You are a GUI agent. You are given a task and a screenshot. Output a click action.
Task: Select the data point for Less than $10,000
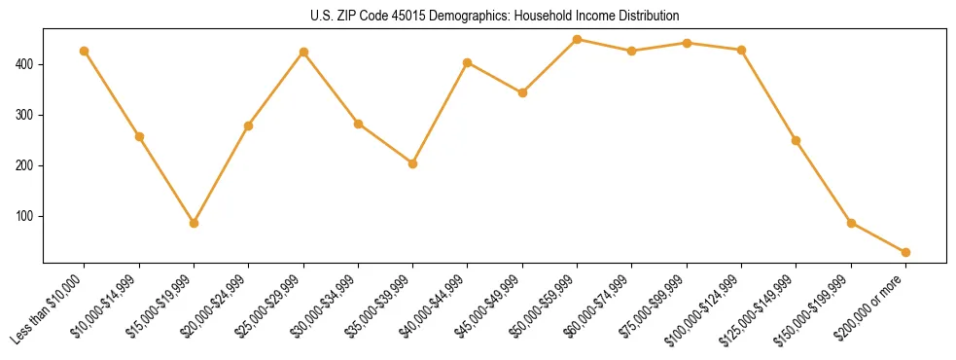(x=85, y=51)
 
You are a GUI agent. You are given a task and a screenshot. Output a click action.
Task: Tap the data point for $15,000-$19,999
(x=195, y=223)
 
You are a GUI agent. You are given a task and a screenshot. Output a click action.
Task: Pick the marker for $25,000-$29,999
(x=303, y=52)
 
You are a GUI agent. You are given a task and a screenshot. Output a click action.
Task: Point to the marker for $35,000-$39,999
(x=413, y=163)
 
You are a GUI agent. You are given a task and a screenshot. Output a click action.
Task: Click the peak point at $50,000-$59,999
(x=578, y=40)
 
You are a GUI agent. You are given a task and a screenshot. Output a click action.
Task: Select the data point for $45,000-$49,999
(x=522, y=92)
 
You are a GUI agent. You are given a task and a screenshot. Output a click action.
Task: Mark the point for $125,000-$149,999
(x=797, y=140)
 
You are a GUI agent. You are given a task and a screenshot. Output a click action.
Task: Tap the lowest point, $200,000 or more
(x=905, y=252)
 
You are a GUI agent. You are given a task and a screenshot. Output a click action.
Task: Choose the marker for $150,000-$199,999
(x=851, y=223)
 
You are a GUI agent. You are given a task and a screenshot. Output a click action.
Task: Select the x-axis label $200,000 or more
(x=873, y=306)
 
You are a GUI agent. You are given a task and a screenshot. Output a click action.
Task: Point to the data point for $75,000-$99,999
(x=687, y=43)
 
